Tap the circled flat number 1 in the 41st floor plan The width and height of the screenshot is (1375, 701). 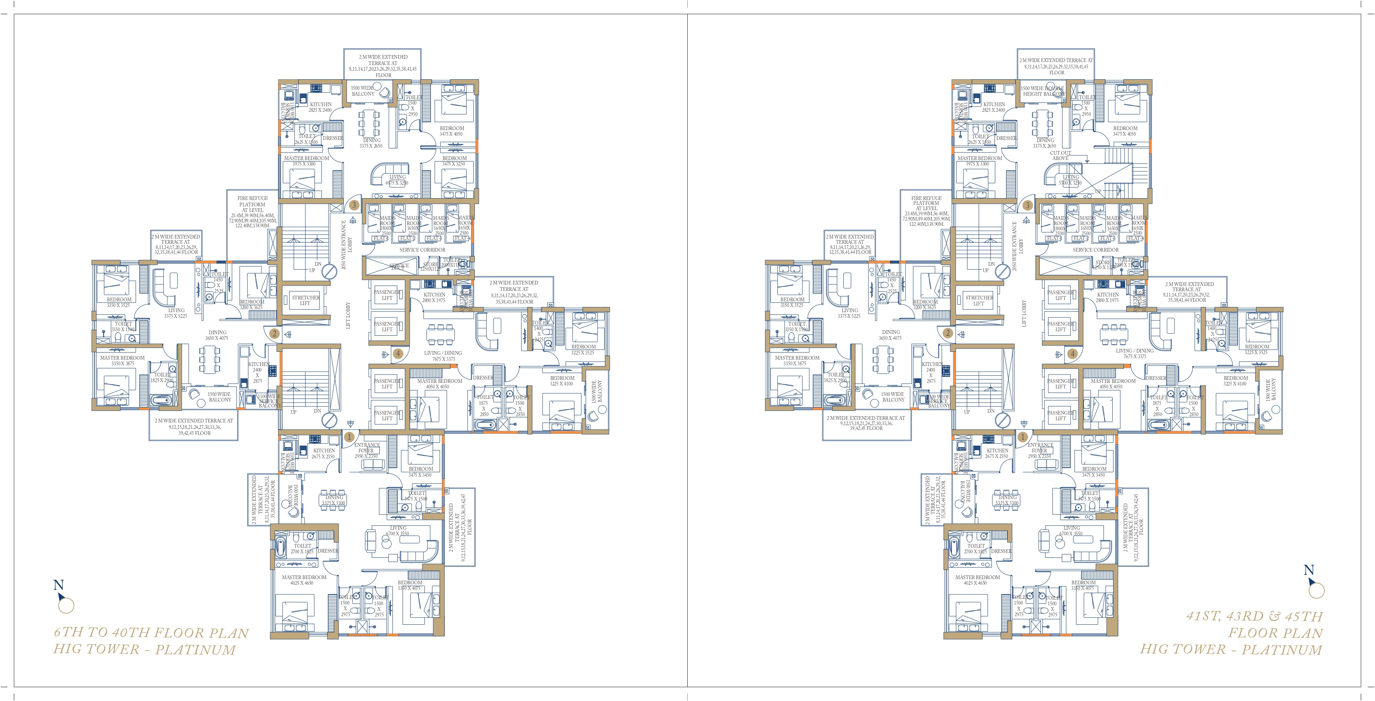point(1023,437)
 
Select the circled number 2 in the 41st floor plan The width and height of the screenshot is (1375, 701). point(948,333)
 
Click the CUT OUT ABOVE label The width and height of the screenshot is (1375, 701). point(1060,155)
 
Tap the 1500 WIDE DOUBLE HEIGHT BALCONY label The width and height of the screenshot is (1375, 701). point(1043,91)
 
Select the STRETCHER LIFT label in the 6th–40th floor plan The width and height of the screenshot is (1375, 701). point(305,300)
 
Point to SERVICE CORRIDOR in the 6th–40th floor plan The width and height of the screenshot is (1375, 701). point(422,250)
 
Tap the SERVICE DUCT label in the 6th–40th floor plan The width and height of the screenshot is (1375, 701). point(399,266)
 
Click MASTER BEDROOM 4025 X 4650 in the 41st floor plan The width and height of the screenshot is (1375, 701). point(977,580)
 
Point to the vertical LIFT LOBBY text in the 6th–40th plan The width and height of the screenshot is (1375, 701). point(349,315)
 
